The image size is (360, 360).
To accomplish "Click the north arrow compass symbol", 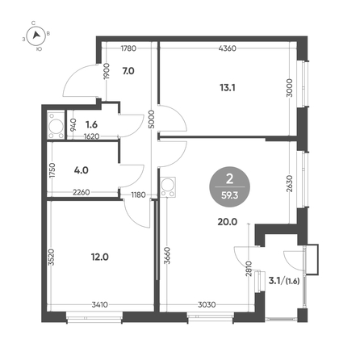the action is point(36,36).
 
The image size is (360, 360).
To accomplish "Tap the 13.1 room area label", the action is point(228,87).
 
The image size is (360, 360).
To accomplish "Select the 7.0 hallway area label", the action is point(128,71).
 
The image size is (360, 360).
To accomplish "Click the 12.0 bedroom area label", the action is point(100,257).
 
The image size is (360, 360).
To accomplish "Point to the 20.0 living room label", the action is point(228,222).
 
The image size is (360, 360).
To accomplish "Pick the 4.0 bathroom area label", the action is point(81,170).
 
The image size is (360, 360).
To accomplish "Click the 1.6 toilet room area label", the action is point(91,124).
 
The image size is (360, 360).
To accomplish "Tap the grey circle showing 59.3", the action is point(229,186).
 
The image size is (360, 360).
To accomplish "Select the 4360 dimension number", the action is point(228,48).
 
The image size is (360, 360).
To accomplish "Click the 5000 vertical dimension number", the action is point(152,119).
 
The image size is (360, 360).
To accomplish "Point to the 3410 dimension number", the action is point(100,305).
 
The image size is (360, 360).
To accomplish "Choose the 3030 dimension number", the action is point(207,305).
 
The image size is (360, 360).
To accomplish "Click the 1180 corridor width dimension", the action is point(138,195).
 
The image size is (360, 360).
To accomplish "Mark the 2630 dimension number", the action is point(290,183).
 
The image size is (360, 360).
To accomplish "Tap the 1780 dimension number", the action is point(128,48).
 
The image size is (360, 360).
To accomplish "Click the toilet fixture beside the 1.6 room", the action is point(56,126).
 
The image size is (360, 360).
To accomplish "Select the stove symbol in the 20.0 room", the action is point(167,187).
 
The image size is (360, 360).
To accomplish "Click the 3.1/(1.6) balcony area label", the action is point(284,281).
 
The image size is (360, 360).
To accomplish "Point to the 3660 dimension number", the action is point(167,256).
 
